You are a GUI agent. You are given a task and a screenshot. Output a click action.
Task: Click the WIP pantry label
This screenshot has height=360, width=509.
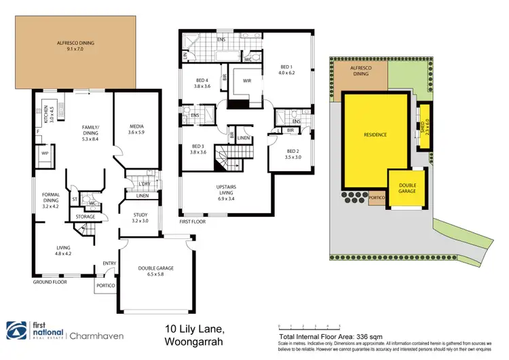coord(46,154)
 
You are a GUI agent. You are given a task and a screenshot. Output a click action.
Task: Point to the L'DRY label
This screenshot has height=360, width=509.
coord(144,185)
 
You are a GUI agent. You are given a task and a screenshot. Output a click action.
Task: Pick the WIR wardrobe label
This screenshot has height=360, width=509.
coord(247,82)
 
